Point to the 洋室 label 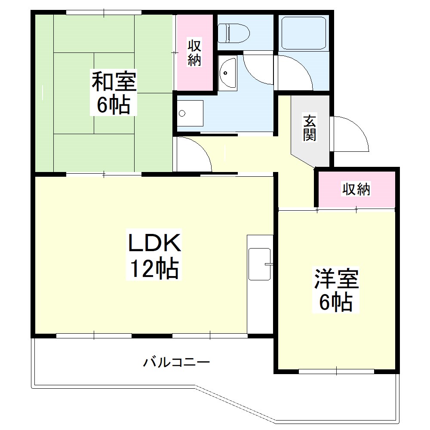[x=336, y=279]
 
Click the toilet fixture [x=233, y=33]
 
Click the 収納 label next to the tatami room [x=195, y=52]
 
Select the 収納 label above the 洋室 [x=356, y=189]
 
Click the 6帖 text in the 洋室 [x=336, y=303]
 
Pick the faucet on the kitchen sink [x=269, y=264]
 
